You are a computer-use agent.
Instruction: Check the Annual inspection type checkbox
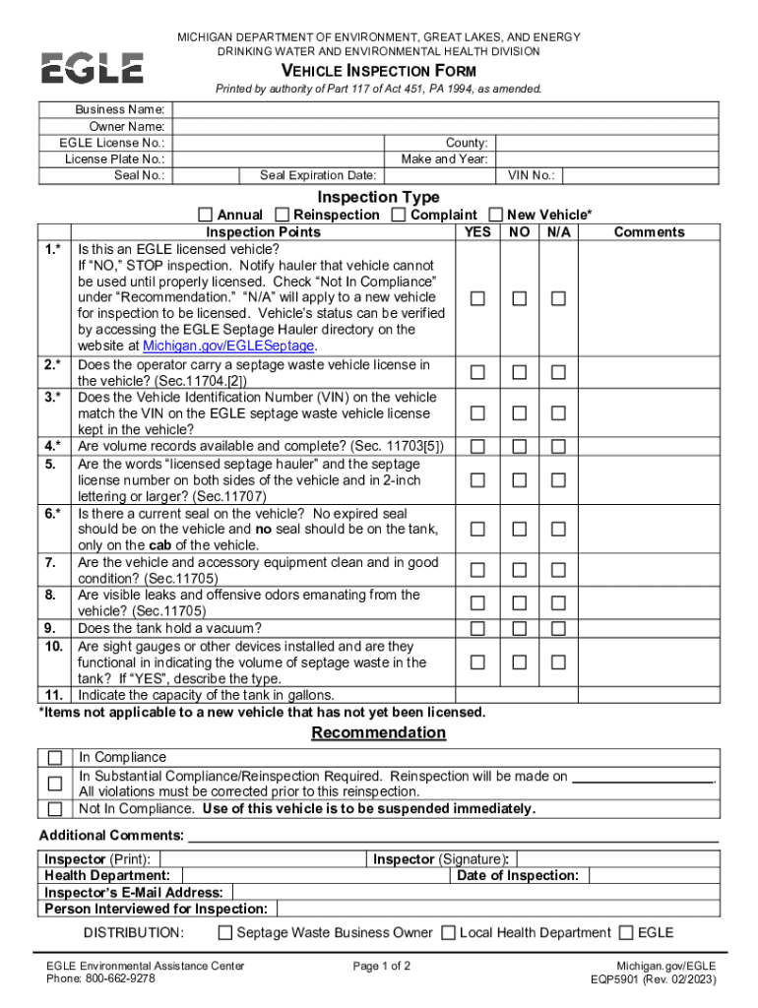click(205, 215)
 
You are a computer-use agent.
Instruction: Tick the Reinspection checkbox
click(283, 215)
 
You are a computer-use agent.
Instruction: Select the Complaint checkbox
click(399, 215)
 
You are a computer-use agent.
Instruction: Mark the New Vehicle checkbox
click(495, 215)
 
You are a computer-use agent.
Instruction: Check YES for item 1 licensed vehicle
click(477, 298)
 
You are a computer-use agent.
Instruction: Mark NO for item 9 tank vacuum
click(519, 628)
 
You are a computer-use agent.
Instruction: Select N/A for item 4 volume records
click(558, 447)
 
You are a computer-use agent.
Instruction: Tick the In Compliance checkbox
click(55, 758)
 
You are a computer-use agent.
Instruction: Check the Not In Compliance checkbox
click(55, 809)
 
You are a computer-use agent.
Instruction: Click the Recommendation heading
click(378, 732)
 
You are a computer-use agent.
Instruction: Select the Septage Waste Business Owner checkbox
click(225, 932)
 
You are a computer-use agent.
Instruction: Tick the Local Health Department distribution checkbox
click(448, 932)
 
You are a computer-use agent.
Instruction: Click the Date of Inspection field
click(650, 875)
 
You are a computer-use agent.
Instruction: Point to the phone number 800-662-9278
click(120, 979)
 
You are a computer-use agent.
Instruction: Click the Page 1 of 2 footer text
click(381, 966)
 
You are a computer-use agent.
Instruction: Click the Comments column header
click(649, 232)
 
